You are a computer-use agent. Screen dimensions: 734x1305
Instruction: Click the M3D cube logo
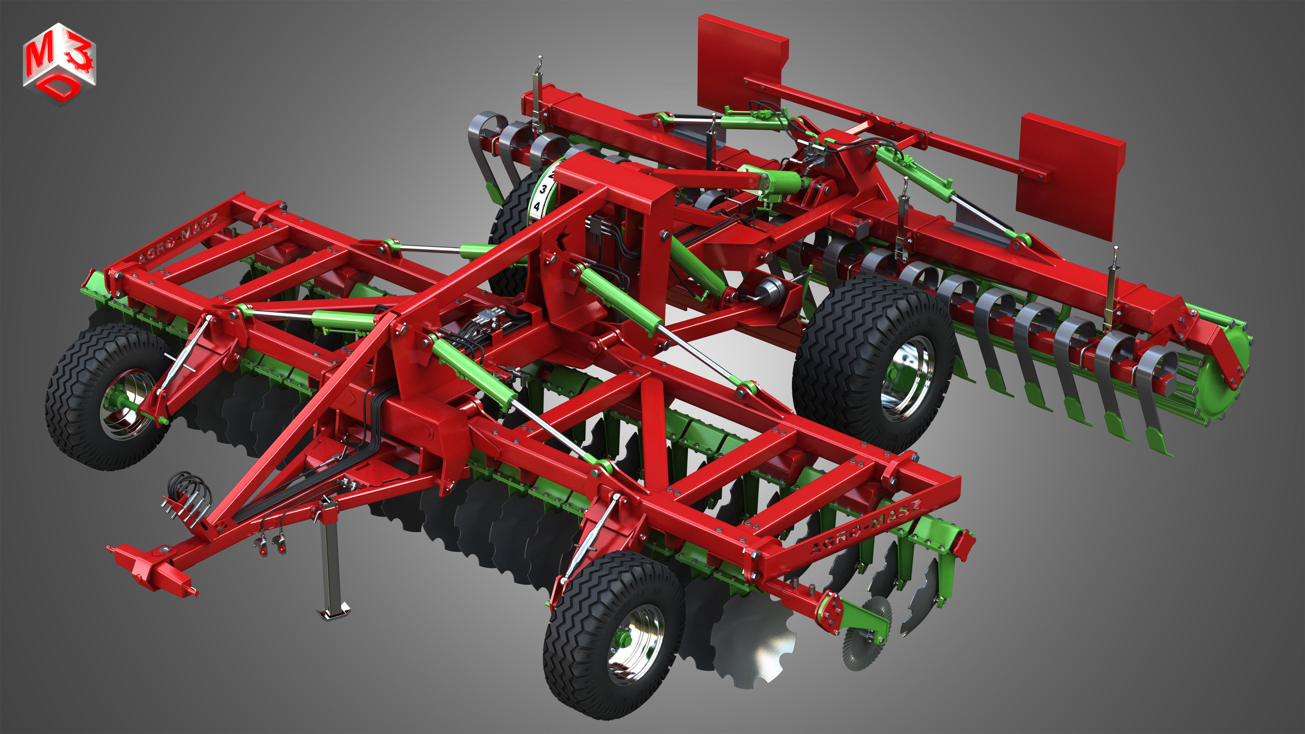[x=59, y=63]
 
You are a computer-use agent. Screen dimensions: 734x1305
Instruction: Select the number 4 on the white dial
[x=536, y=206]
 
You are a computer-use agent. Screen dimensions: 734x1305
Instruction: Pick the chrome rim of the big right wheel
[x=907, y=378]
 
